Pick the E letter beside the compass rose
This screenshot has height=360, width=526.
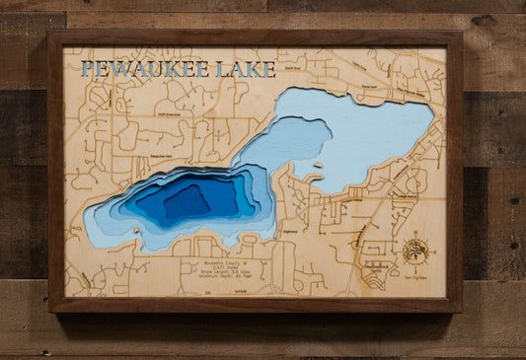tap(428, 252)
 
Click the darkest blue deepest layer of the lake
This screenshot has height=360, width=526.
tap(188, 201)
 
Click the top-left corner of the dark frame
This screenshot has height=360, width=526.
tap(49, 33)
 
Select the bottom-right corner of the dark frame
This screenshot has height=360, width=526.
tap(461, 311)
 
